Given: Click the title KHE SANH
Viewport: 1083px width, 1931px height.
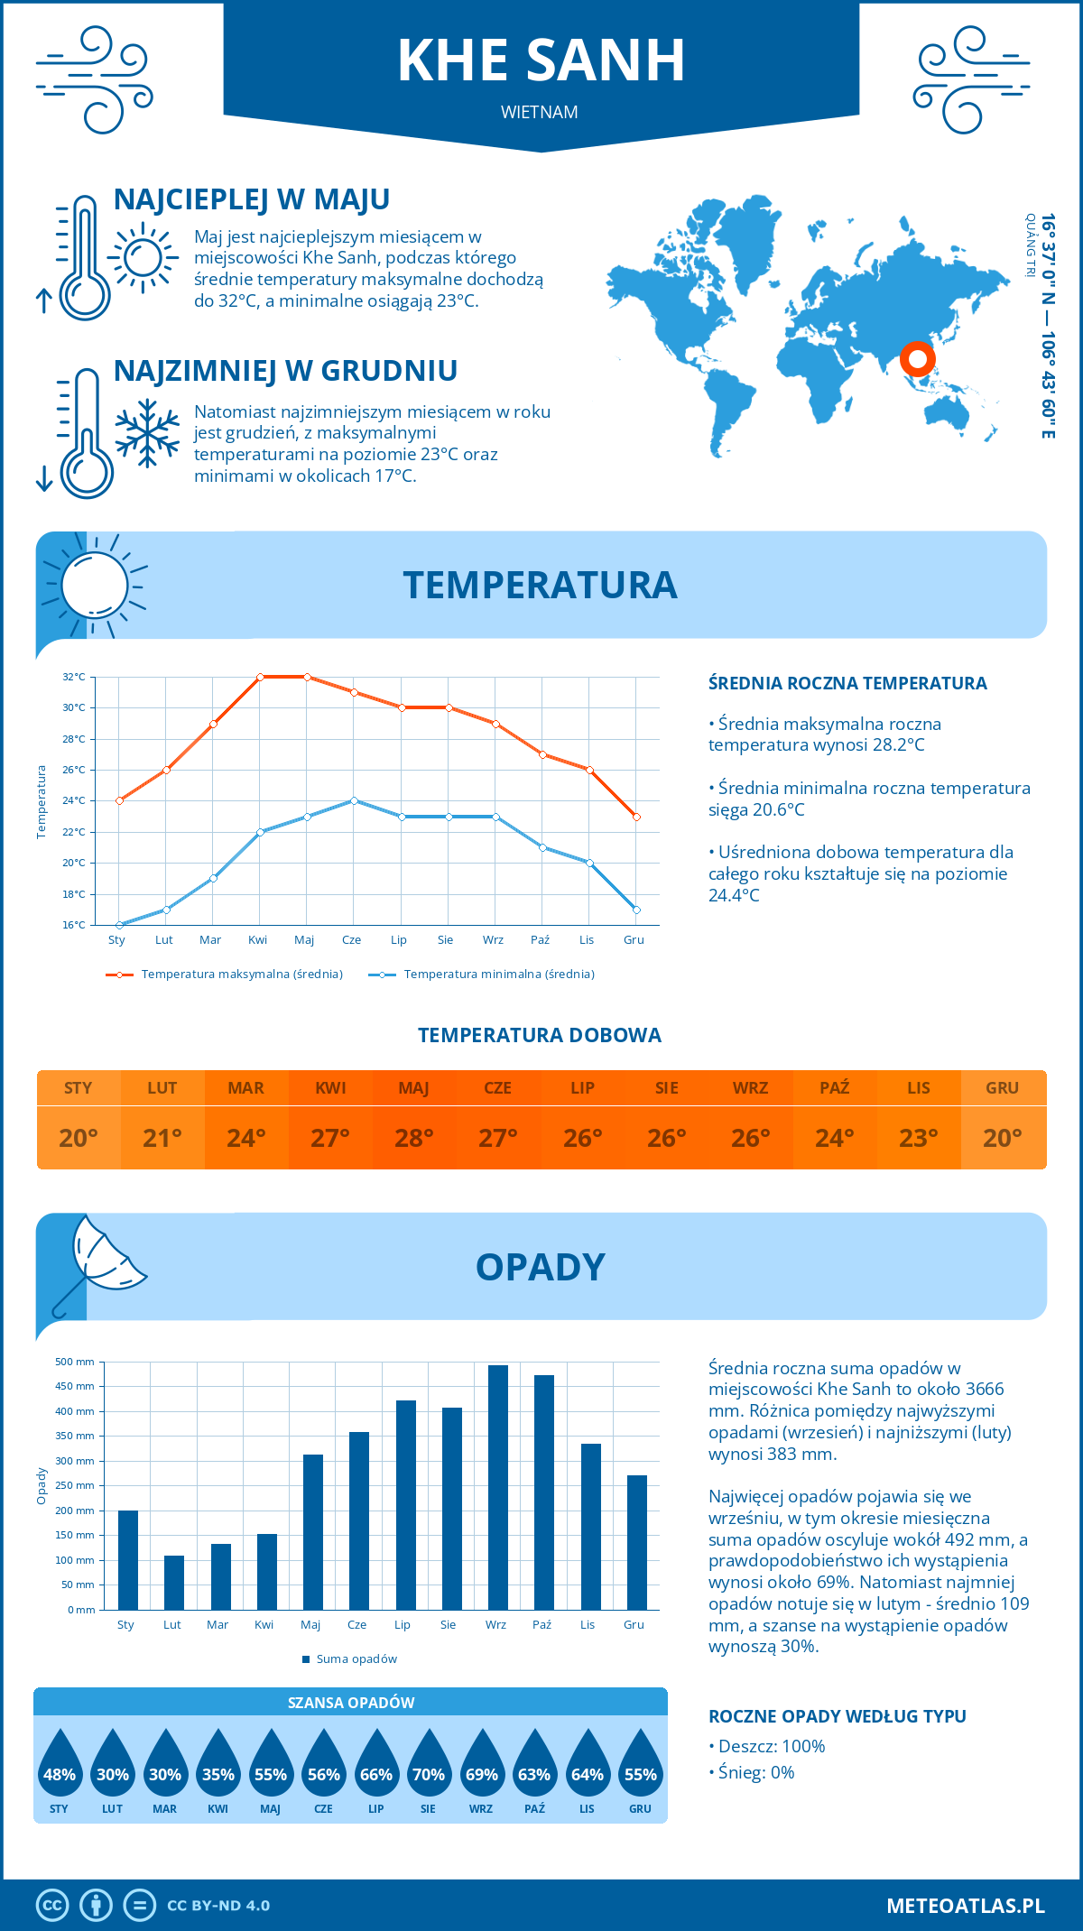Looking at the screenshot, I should point(541,61).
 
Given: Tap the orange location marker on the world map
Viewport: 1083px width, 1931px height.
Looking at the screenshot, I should point(917,359).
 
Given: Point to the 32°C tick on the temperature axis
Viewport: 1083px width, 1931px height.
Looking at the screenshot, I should point(74,677).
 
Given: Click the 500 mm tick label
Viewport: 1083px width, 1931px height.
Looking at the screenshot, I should point(75,1362).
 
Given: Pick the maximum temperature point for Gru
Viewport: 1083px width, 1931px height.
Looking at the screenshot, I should point(636,817).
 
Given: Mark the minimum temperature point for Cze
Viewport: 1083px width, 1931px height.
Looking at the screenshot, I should point(354,800).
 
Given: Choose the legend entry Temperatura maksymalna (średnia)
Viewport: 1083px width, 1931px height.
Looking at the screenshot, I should point(226,975).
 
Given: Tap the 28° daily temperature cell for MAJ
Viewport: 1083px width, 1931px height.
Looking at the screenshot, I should point(414,1138).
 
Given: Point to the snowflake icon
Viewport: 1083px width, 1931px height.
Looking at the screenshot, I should point(147,433).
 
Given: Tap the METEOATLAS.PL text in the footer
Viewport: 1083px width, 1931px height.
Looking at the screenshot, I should point(966,1905).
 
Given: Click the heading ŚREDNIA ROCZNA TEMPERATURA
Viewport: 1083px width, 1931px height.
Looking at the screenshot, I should point(847,683).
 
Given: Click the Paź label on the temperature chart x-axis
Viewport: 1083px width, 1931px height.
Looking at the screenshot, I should point(540,939).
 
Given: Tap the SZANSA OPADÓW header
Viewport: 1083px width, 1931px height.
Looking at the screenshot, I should point(351,1703).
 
